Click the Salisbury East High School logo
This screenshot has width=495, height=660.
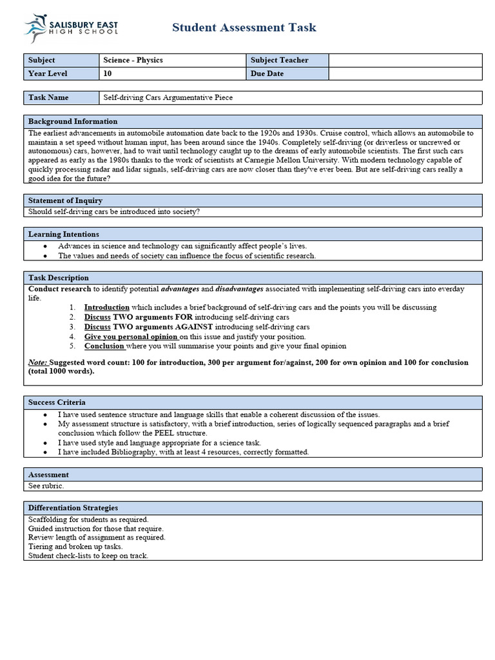click(71, 28)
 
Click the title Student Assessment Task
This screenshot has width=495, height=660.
click(244, 27)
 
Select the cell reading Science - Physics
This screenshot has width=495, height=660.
click(133, 60)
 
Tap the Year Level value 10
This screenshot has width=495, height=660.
click(107, 73)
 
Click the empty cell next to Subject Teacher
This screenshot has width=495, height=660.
click(405, 60)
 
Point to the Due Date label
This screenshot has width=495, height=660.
click(267, 73)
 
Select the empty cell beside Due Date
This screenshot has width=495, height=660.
click(405, 73)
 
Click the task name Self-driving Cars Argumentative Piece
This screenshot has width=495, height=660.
click(168, 97)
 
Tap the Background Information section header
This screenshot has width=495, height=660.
click(73, 121)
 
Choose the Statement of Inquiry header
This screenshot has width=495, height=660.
click(65, 200)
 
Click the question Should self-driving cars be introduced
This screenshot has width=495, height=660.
click(114, 211)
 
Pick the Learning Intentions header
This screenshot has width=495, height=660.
click(64, 234)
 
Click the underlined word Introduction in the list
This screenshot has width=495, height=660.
click(107, 307)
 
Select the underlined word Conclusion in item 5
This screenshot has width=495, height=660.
click(105, 346)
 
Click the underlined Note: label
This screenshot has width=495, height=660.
click(38, 362)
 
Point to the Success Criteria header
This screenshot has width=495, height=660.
click(57, 402)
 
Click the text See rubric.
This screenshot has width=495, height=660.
click(46, 485)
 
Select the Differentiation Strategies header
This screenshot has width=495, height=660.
click(73, 508)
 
